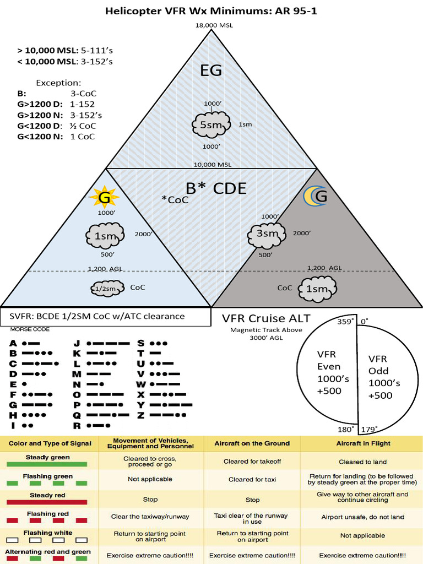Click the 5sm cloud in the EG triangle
pyautogui.click(x=211, y=125)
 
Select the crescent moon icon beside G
pyautogui.click(x=311, y=196)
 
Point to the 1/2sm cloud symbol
pyautogui.click(x=106, y=288)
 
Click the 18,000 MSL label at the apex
pyautogui.click(x=211, y=25)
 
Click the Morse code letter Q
pyautogui.click(x=77, y=415)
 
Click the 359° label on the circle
pyautogui.click(x=345, y=322)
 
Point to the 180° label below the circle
pyautogui.click(x=345, y=429)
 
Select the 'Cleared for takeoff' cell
pyautogui.click(x=252, y=462)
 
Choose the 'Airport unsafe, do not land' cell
pyautogui.click(x=362, y=517)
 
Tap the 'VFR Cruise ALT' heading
pyautogui.click(x=266, y=318)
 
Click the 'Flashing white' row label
pyautogui.click(x=47, y=533)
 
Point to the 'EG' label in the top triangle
pyautogui.click(x=211, y=70)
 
